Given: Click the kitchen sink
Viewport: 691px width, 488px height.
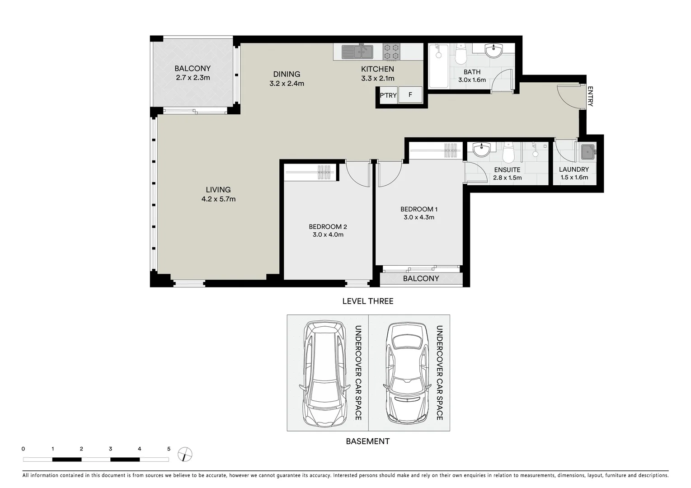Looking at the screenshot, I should tap(357, 52).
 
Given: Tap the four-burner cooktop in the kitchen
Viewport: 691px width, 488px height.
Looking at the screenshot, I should tap(391, 52).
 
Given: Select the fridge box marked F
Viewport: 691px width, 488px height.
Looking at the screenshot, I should tap(410, 95).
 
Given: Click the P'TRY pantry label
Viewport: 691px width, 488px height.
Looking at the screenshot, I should tap(388, 95).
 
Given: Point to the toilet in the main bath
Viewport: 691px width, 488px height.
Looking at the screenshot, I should tap(461, 54).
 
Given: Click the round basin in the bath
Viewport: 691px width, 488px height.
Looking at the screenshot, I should tap(494, 51).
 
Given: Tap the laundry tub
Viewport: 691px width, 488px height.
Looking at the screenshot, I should tap(588, 152).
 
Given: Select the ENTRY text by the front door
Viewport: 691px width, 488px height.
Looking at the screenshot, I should tap(590, 96).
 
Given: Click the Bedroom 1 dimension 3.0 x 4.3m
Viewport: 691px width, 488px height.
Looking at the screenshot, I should tap(418, 217).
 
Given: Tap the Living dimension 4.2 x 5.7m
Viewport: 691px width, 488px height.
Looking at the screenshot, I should tap(218, 199).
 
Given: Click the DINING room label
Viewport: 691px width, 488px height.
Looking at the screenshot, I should tap(287, 74).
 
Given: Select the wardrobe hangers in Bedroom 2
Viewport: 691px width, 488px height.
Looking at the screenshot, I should tap(324, 173).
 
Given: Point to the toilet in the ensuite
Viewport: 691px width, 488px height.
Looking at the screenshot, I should tap(508, 153).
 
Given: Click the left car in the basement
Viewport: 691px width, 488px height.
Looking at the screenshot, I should tap(324, 373).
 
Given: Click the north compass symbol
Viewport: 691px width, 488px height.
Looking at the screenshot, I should tap(185, 454).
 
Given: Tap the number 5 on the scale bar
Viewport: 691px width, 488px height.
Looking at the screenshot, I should tap(169, 449).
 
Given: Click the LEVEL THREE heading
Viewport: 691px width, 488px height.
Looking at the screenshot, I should tap(367, 301).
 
